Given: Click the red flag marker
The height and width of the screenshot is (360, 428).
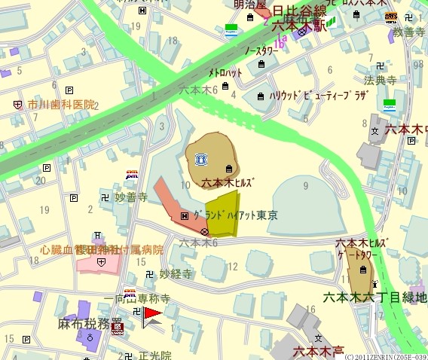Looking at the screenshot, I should tap(152, 315).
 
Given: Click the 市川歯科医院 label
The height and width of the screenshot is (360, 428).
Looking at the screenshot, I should tap(62, 105).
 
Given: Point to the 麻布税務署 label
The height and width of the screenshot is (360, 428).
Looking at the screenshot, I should tap(90, 325).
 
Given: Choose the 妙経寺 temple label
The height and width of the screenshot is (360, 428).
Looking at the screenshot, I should tap(176, 274).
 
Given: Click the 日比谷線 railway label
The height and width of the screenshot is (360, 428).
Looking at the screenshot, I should tap(298, 11).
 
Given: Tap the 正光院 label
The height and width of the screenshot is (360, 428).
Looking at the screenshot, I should tap(155, 355).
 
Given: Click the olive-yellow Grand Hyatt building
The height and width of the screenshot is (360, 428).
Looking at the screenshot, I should tap(222, 212).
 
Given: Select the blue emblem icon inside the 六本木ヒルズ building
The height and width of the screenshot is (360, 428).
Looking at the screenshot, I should tap(201, 159).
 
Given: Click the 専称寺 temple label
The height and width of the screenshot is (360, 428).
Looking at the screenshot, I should tap(154, 299).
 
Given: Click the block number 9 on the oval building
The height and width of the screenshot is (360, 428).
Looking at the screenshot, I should tap(305, 184).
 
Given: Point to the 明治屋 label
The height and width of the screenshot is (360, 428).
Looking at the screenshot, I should tap(250, 5).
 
